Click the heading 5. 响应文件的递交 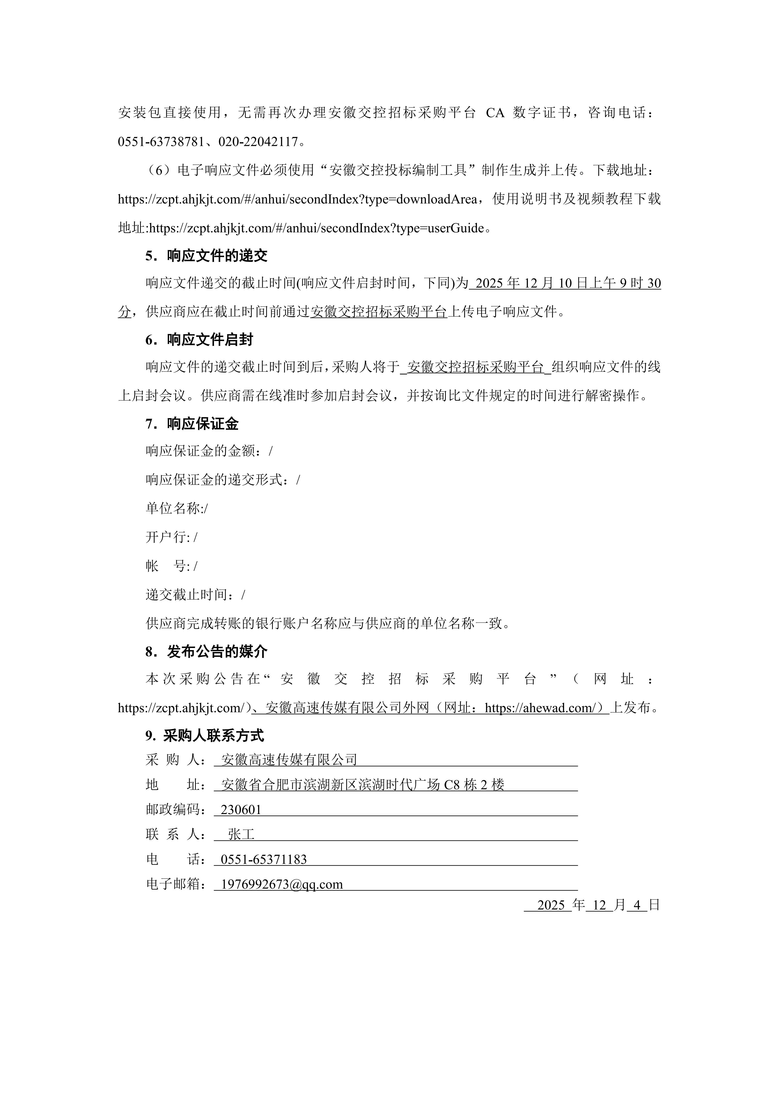pyautogui.click(x=206, y=256)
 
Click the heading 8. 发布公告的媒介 pyautogui.click(x=206, y=652)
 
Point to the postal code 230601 pyautogui.click(x=241, y=810)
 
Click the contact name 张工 pyautogui.click(x=241, y=835)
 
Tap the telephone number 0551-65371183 pyautogui.click(x=263, y=860)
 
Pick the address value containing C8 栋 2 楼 pyautogui.click(x=363, y=785)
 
